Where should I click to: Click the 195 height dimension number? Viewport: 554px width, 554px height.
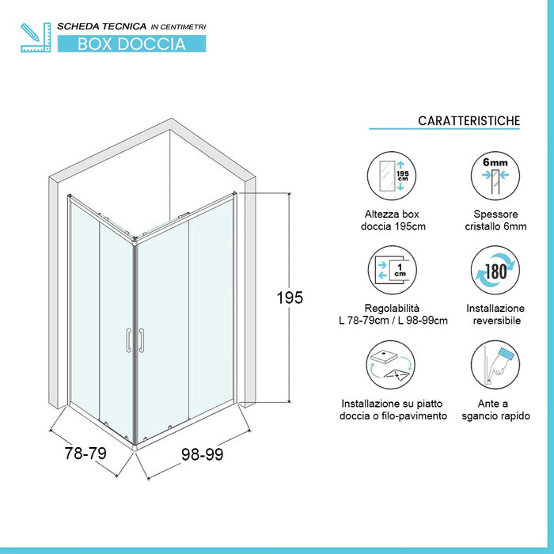290,298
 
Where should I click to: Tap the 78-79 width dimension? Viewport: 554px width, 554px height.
85,453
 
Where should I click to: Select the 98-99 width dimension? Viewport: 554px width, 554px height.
202,454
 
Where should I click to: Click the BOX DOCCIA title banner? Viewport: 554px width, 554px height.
132,44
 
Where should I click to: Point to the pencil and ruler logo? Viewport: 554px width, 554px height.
36,37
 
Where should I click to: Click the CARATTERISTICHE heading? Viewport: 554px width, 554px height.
469,121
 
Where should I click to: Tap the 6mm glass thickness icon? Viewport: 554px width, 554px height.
495,176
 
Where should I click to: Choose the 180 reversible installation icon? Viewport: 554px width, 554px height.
495,271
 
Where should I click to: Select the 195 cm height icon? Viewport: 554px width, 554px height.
392,176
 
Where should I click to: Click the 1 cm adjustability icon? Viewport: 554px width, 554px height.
393,271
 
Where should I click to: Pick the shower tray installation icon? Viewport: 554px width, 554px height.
391,365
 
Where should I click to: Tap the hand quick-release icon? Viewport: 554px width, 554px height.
495,365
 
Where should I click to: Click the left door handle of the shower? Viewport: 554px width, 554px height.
128,340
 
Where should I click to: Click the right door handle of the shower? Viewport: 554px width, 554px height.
142,340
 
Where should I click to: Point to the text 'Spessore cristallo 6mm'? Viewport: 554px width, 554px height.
495,220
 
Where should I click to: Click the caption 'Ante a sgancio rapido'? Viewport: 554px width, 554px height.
495,409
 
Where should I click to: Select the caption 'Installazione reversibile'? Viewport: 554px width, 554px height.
495,314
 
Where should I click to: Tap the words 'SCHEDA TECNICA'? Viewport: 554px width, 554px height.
102,26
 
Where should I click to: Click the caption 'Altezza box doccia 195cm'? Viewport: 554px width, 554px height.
393,220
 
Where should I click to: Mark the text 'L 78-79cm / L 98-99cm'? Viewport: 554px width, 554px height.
393,321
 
